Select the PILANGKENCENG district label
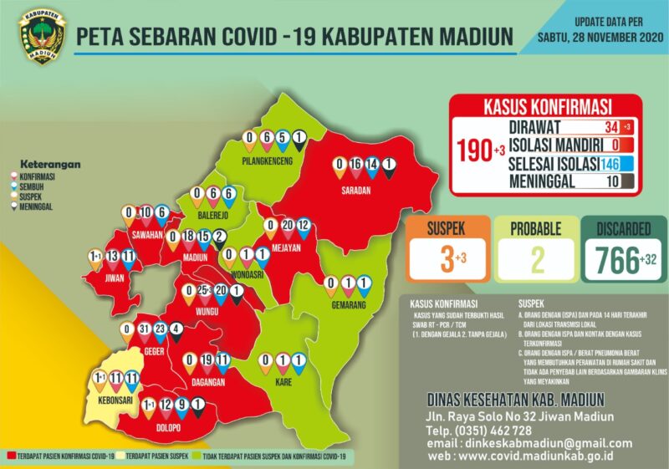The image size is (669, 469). pyautogui.click(x=266, y=161)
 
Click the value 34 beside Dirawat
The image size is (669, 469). pyautogui.click(x=611, y=127)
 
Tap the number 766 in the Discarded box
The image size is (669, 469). pyautogui.click(x=615, y=260)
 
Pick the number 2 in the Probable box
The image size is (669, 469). pyautogui.click(x=537, y=260)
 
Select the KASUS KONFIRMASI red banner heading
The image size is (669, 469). pyautogui.click(x=547, y=107)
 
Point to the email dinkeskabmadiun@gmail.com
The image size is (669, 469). pyautogui.click(x=547, y=443)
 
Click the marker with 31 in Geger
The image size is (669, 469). pyautogui.click(x=144, y=329)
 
